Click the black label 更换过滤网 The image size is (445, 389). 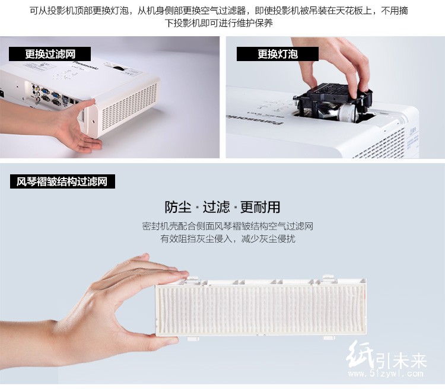[x=50, y=54]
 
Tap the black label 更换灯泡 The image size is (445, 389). [x=278, y=54]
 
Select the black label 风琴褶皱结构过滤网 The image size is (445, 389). [x=62, y=181]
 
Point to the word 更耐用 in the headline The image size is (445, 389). [x=260, y=207]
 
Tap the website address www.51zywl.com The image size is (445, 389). [x=386, y=374]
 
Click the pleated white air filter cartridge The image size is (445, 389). [x=261, y=307]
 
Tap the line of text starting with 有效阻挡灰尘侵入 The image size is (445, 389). [x=228, y=238]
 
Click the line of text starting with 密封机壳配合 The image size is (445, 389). [x=228, y=226]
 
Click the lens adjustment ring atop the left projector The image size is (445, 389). [x=120, y=68]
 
